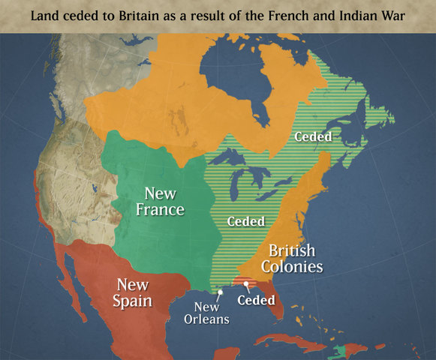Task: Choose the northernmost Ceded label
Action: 313,136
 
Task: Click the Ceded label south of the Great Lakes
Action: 245,222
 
